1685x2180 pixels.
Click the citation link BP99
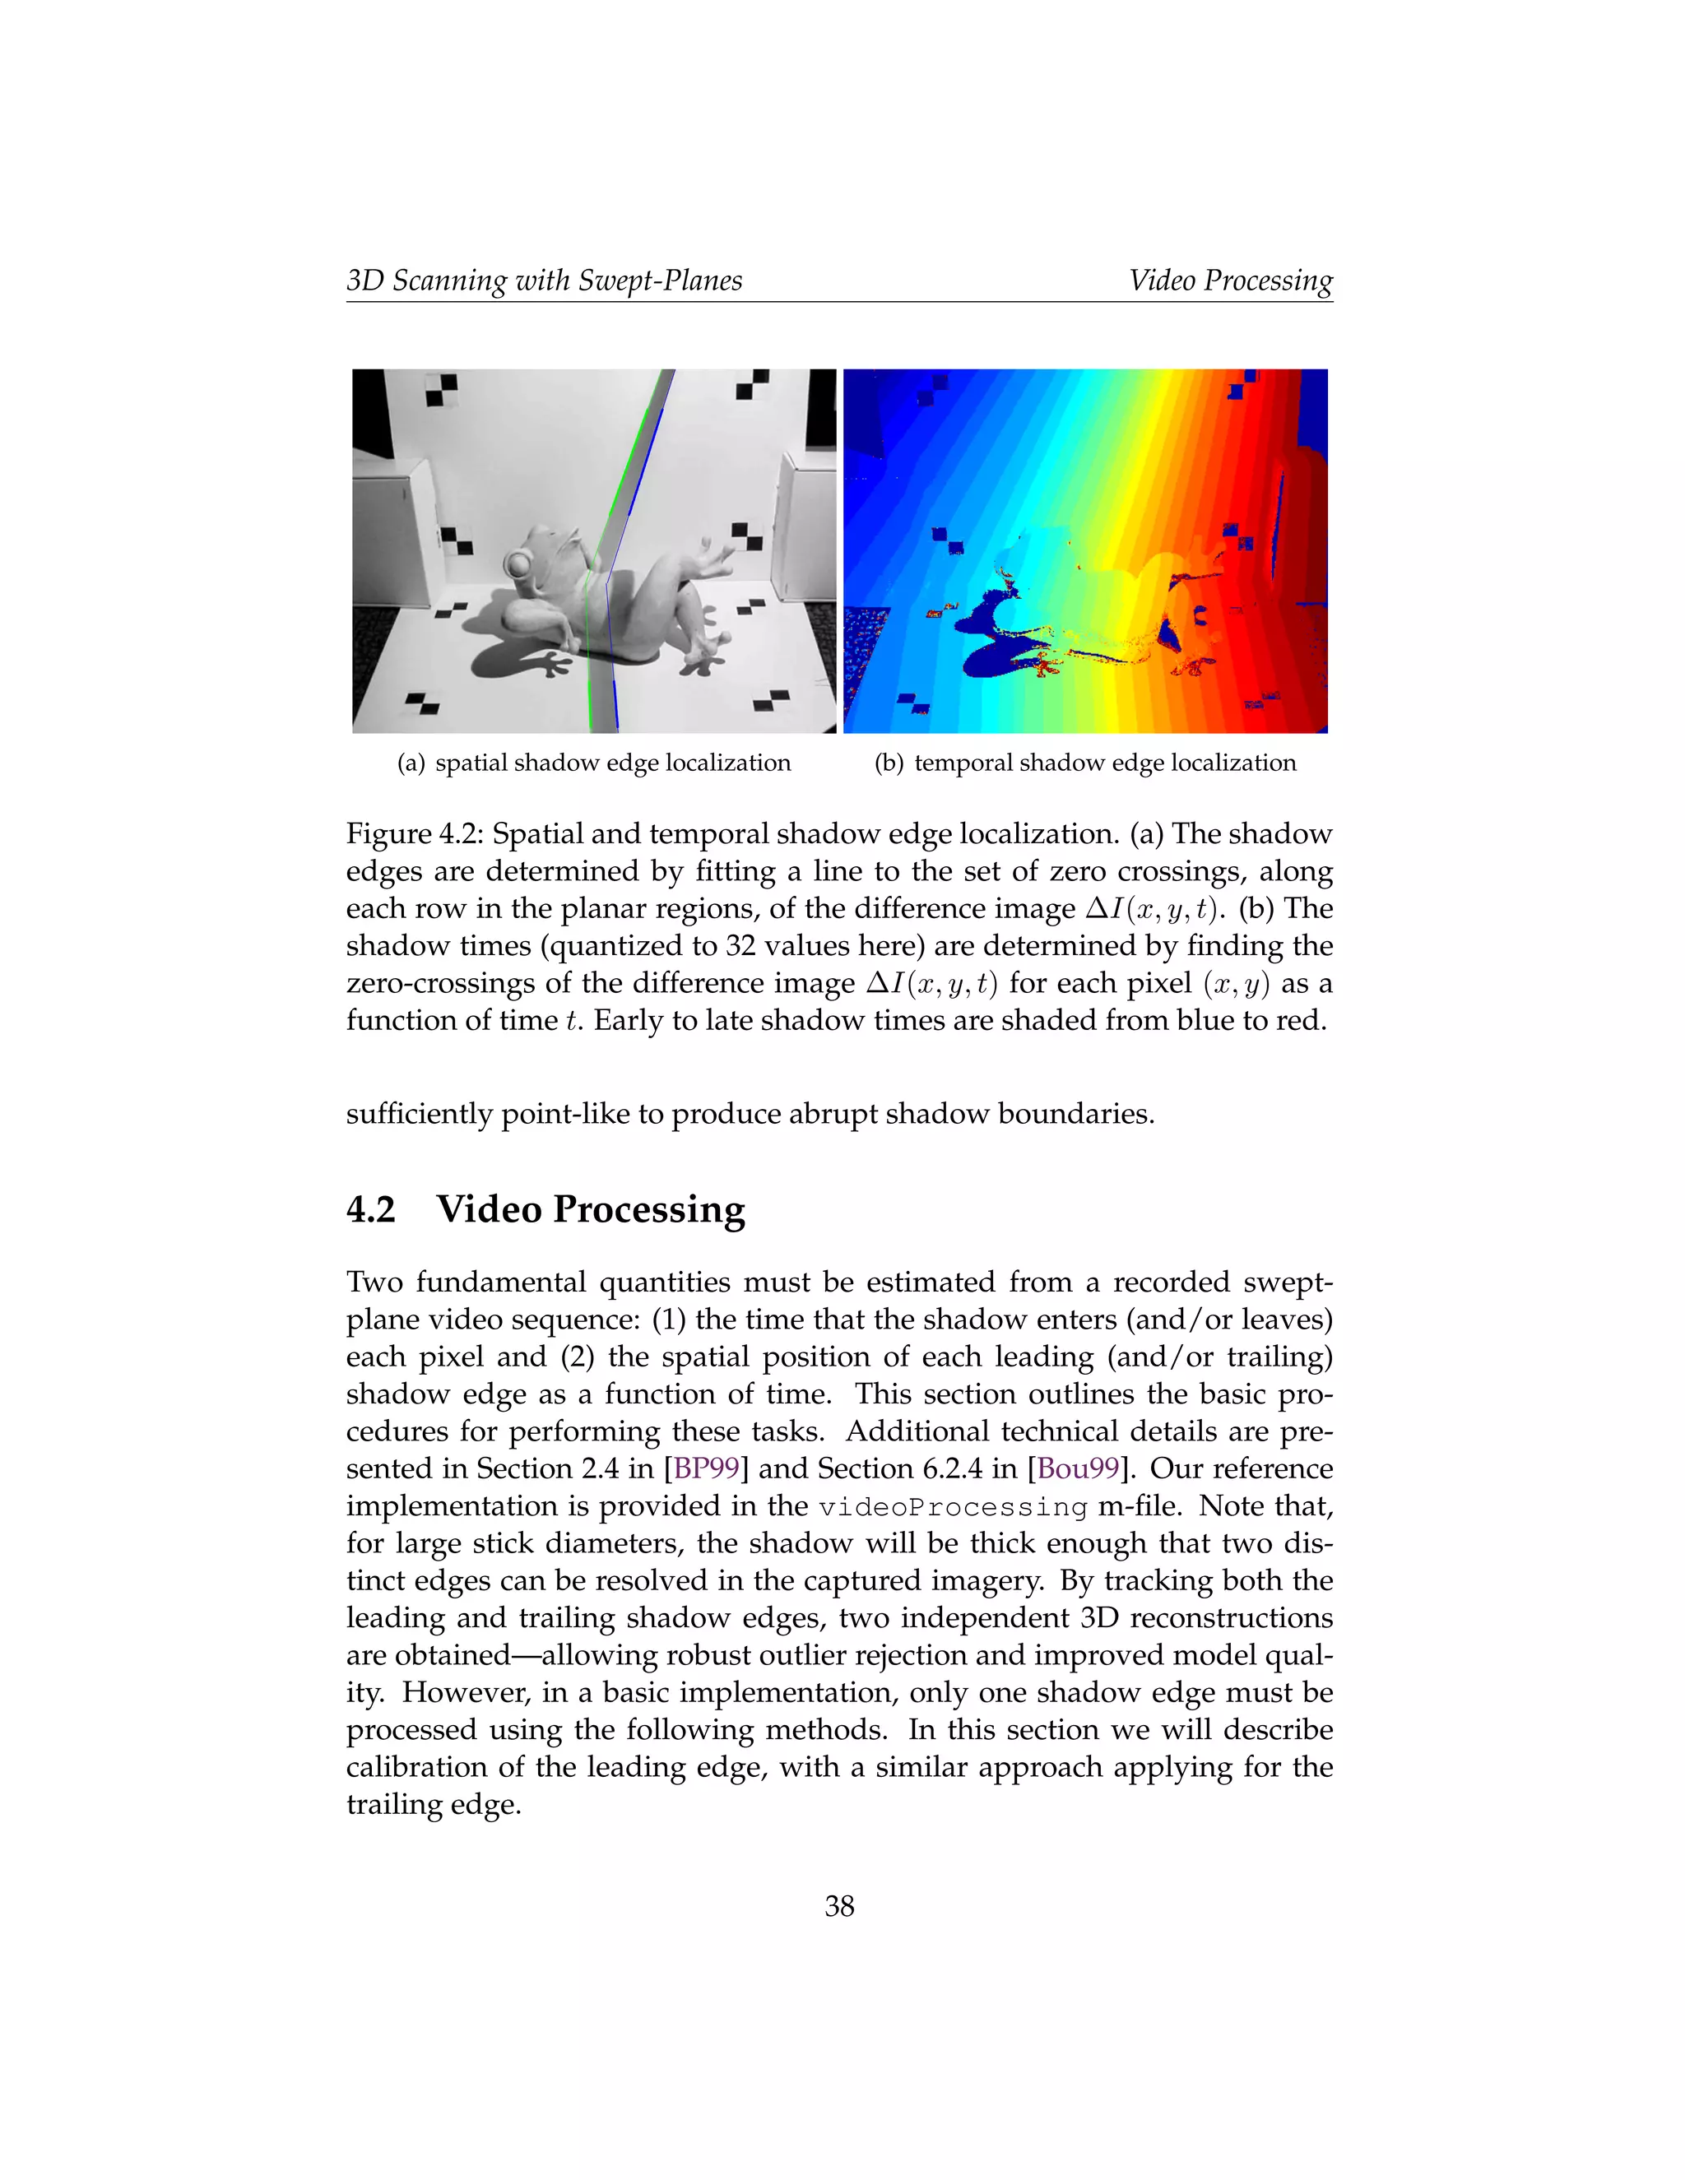tap(706, 1468)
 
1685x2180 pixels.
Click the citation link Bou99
tap(1078, 1468)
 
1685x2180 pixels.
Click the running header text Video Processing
tap(1231, 281)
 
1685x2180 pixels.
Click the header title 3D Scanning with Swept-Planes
tap(544, 281)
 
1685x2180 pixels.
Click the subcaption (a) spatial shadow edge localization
tap(594, 763)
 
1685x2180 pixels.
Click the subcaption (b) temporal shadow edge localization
tap(1085, 763)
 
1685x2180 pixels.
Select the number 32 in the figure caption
tap(740, 945)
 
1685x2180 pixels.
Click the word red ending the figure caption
tap(1302, 1020)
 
